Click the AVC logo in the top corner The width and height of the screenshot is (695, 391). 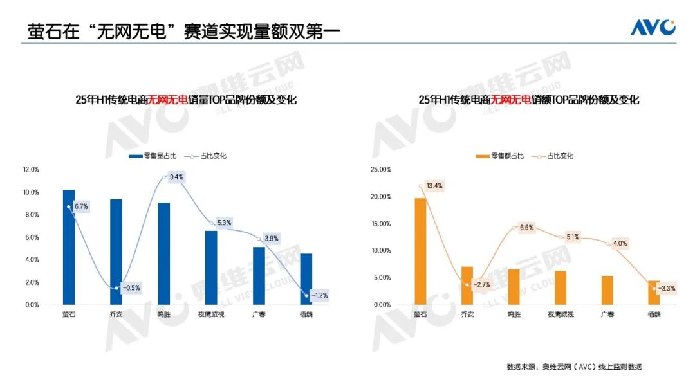click(x=653, y=28)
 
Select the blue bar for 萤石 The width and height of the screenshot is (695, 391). click(x=69, y=247)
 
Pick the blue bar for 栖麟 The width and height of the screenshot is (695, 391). click(x=306, y=279)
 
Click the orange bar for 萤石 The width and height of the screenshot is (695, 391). click(x=421, y=251)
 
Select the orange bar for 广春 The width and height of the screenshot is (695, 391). click(x=607, y=290)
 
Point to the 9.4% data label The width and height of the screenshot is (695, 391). click(x=176, y=177)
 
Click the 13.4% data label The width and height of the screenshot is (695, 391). click(x=434, y=186)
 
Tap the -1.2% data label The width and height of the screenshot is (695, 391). click(x=319, y=296)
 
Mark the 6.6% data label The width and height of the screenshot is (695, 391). click(x=526, y=228)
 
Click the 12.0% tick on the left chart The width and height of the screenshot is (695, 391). click(x=31, y=170)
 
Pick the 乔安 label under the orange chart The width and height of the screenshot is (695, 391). click(x=467, y=314)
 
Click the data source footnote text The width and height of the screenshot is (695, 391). click(x=574, y=367)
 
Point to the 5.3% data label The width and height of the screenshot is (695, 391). click(x=224, y=223)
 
